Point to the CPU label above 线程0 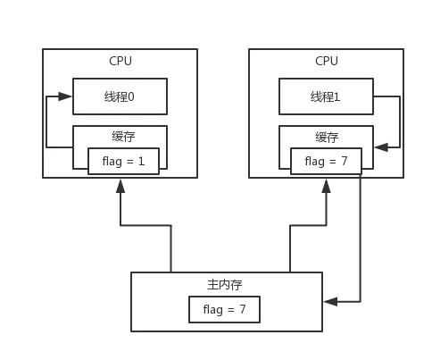click(x=120, y=61)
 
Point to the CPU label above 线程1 click(x=327, y=61)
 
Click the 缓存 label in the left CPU click(x=123, y=137)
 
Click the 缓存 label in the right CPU click(x=327, y=138)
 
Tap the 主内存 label click(x=225, y=285)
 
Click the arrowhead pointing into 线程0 click(x=65, y=96)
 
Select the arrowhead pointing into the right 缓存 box click(x=381, y=147)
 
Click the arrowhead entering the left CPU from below click(x=120, y=186)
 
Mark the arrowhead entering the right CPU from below click(x=327, y=186)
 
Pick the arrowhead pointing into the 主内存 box click(x=330, y=302)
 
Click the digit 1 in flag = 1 click(x=141, y=161)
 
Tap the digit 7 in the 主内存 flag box click(x=243, y=309)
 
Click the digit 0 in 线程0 click(x=131, y=96)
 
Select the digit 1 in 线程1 click(x=336, y=96)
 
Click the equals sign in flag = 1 click(x=130, y=162)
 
